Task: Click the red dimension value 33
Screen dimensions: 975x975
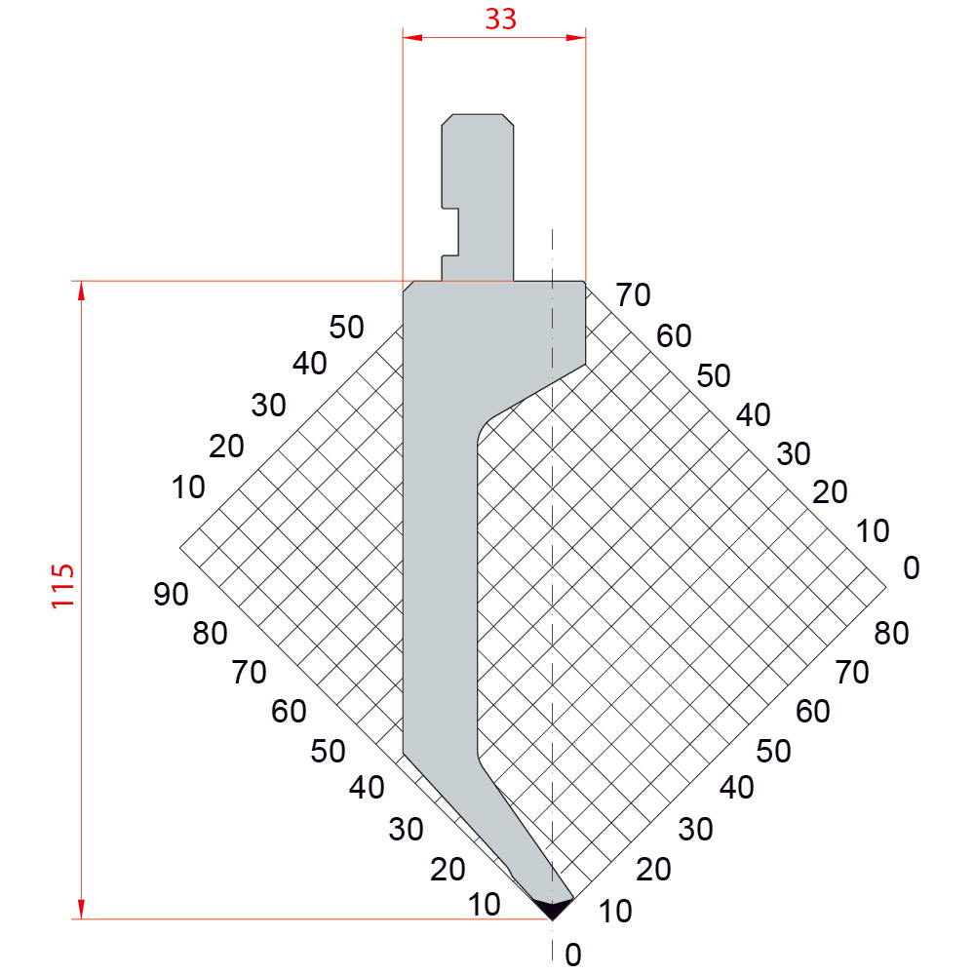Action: (x=500, y=19)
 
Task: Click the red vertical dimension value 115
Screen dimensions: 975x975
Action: (x=62, y=586)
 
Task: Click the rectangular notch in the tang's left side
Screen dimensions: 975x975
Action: (x=450, y=232)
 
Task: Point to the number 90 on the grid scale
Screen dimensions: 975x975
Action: (x=171, y=595)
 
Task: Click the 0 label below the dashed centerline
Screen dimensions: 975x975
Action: (x=573, y=955)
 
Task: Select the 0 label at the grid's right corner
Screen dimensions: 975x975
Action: (x=911, y=567)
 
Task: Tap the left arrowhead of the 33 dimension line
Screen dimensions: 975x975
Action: (x=412, y=37)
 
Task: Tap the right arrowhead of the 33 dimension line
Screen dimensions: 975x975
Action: (x=576, y=37)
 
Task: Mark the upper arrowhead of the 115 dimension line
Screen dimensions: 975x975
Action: (x=81, y=291)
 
